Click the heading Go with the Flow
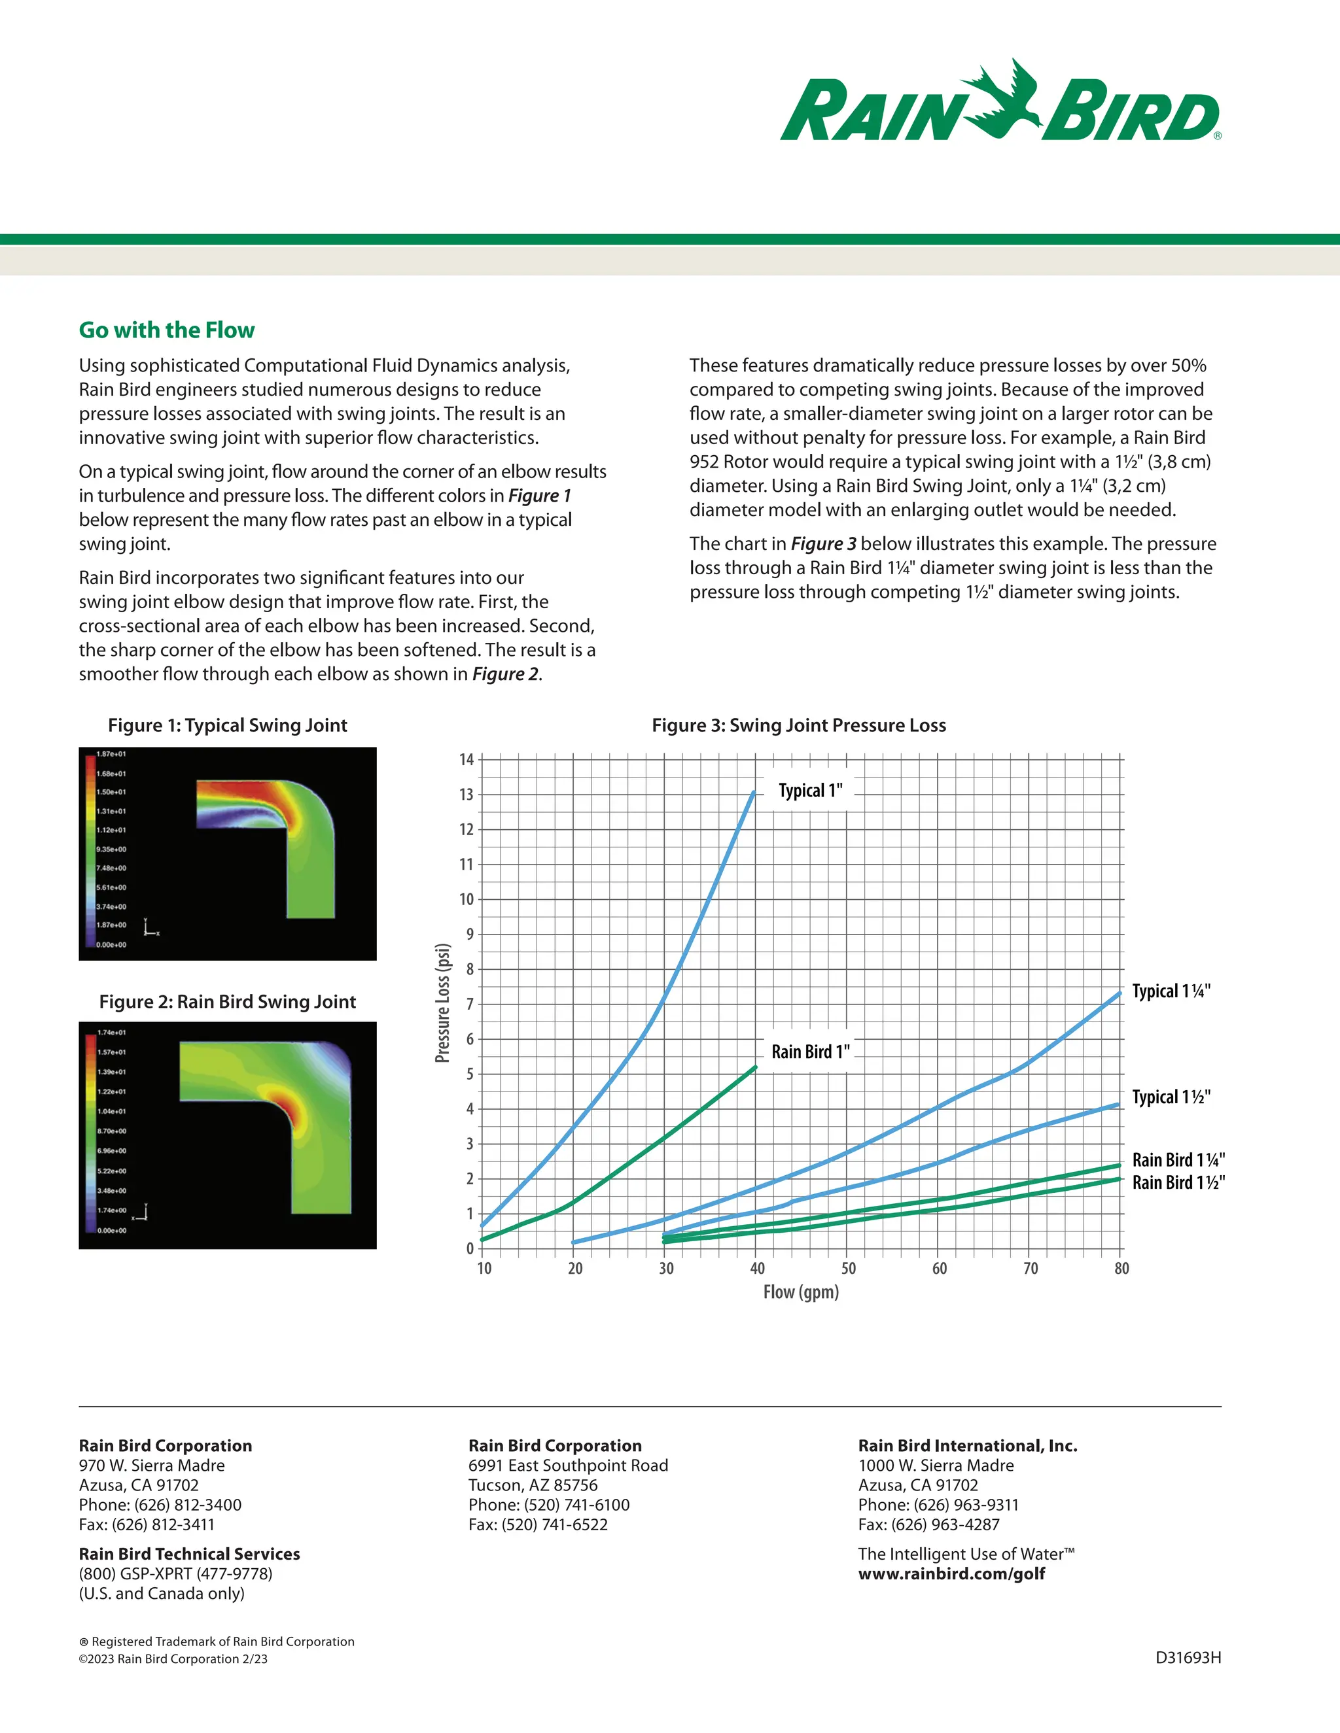click(x=167, y=330)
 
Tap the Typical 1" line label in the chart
click(x=810, y=791)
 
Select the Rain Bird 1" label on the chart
click(x=810, y=1052)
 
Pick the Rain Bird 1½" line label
click(x=1178, y=1182)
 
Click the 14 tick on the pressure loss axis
click(x=467, y=759)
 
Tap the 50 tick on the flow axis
click(x=849, y=1268)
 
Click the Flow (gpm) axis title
click(x=801, y=1292)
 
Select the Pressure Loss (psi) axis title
click(x=443, y=1003)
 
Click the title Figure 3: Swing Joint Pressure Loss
click(x=799, y=725)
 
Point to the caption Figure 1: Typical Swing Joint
click(x=227, y=725)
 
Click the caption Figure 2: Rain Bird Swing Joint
click(x=227, y=1001)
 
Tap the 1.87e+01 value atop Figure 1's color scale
click(x=111, y=754)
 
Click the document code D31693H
click(x=1188, y=1658)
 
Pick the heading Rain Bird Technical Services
click(x=189, y=1554)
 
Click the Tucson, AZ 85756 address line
click(x=533, y=1484)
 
